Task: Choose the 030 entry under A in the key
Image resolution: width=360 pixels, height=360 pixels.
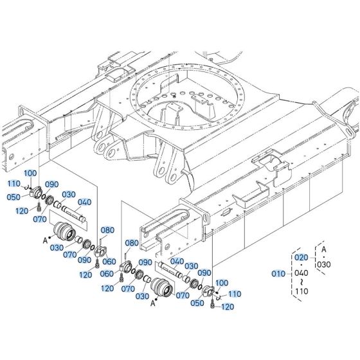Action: [x=323, y=264]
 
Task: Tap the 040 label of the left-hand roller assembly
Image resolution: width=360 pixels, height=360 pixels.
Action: [x=85, y=201]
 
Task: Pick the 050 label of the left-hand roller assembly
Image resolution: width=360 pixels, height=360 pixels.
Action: [x=14, y=197]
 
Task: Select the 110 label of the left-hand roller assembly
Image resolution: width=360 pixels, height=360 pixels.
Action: [x=14, y=183]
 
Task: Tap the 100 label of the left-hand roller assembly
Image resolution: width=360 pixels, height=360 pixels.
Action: [x=31, y=174]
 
